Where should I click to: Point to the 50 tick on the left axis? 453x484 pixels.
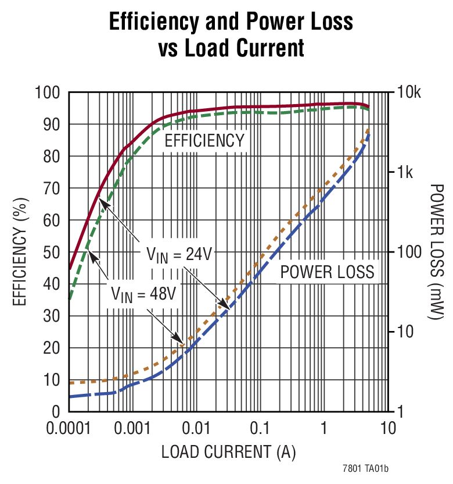[x=52, y=252]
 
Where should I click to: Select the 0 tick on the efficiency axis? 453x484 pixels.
[x=56, y=412]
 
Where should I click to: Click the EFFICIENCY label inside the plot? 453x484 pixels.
[x=204, y=141]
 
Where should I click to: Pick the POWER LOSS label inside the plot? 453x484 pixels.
[x=327, y=272]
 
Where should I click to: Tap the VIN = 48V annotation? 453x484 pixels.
[x=142, y=294]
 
